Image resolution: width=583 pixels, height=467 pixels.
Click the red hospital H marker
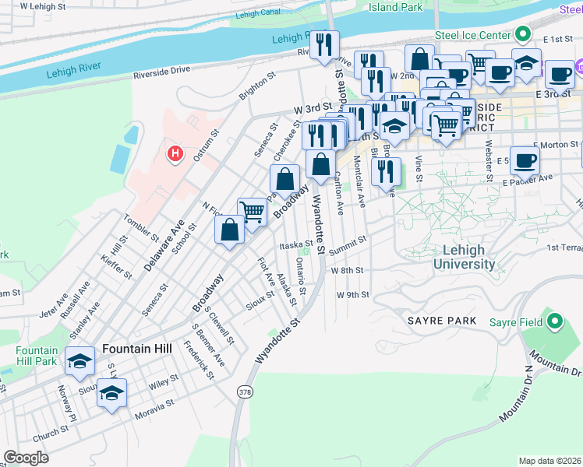(175, 153)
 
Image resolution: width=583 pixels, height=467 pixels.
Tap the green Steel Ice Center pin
(523, 34)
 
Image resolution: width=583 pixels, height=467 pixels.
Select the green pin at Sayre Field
(555, 321)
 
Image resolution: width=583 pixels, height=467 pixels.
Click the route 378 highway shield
(246, 390)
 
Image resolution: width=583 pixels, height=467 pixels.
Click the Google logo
(26, 457)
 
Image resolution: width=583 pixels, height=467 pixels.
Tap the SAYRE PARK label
(440, 321)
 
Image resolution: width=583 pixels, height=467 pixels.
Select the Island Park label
(395, 7)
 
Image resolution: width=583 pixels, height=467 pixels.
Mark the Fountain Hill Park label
(36, 356)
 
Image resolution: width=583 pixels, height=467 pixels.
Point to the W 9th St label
(352, 295)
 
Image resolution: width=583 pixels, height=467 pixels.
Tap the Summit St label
(347, 245)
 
